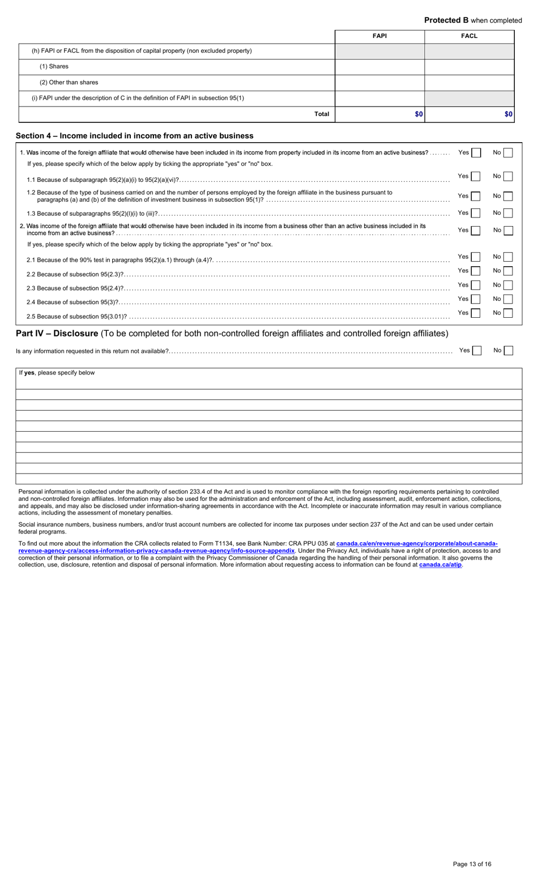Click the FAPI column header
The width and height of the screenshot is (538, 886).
point(379,36)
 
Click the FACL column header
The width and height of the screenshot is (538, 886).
point(469,36)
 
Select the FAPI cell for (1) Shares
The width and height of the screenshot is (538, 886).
point(379,67)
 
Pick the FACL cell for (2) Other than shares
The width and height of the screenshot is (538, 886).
point(469,83)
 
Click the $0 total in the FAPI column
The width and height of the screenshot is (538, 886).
point(419,114)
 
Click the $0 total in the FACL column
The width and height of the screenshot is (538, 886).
point(509,114)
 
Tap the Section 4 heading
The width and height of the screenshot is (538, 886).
point(135,136)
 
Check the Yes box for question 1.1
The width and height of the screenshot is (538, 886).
point(476,177)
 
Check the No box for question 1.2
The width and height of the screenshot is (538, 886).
point(508,196)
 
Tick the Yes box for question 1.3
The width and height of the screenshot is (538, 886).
point(476,213)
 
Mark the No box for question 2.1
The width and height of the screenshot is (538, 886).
point(508,257)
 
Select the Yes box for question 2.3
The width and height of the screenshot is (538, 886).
point(476,285)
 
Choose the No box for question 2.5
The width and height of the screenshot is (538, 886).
point(508,313)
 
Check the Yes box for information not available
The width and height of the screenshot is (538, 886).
point(476,351)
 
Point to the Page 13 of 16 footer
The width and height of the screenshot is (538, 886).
point(472,864)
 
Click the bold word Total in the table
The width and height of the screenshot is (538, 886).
point(322,114)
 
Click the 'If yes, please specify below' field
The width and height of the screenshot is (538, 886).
point(269,378)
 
